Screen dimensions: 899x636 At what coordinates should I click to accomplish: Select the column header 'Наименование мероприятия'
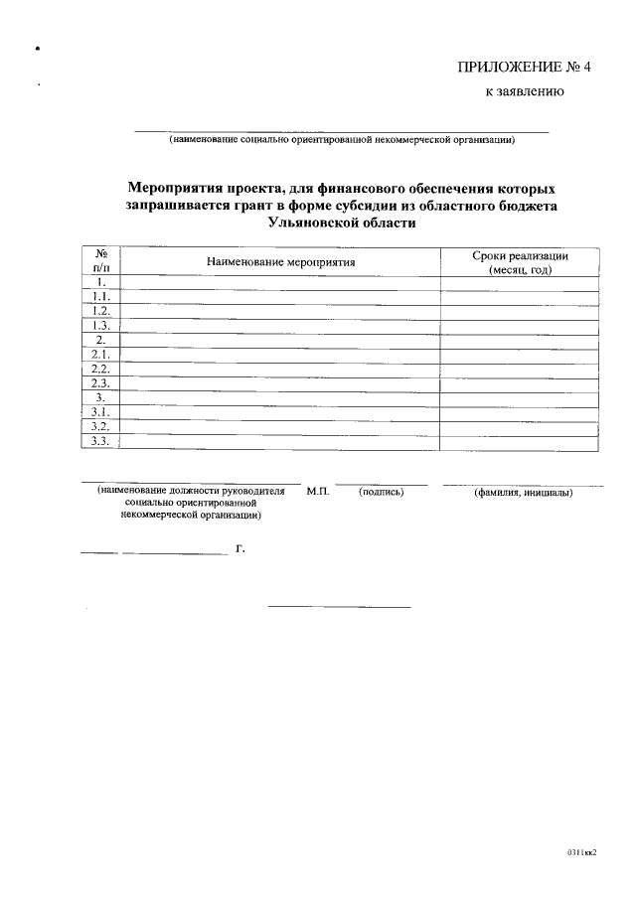(x=280, y=261)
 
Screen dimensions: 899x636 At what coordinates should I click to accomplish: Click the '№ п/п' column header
(x=100, y=261)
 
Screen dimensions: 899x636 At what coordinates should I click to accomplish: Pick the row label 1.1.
(x=100, y=297)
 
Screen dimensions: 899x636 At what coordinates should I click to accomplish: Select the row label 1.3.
(x=100, y=326)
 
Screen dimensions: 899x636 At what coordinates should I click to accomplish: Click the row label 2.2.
(x=100, y=369)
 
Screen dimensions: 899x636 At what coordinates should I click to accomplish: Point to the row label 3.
(x=100, y=397)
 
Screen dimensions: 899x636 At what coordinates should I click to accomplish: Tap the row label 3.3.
(x=100, y=441)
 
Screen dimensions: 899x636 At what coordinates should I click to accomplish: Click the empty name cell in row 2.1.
(x=280, y=355)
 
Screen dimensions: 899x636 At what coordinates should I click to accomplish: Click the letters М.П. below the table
(x=318, y=492)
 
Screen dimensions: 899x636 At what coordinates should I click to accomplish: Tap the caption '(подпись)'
(x=381, y=492)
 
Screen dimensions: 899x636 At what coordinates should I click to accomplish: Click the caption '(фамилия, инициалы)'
(x=523, y=493)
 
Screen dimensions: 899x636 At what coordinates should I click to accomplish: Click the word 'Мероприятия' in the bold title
(x=177, y=188)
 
